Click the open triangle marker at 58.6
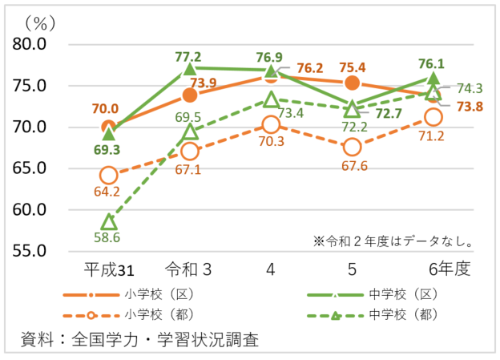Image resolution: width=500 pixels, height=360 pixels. (x=109, y=222)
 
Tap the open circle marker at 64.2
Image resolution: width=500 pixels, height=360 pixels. (x=109, y=176)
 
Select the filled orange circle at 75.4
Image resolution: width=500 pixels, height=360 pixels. (x=352, y=83)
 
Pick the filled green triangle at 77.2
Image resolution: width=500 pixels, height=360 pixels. (x=190, y=69)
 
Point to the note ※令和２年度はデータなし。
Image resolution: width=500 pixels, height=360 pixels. (x=393, y=240)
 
